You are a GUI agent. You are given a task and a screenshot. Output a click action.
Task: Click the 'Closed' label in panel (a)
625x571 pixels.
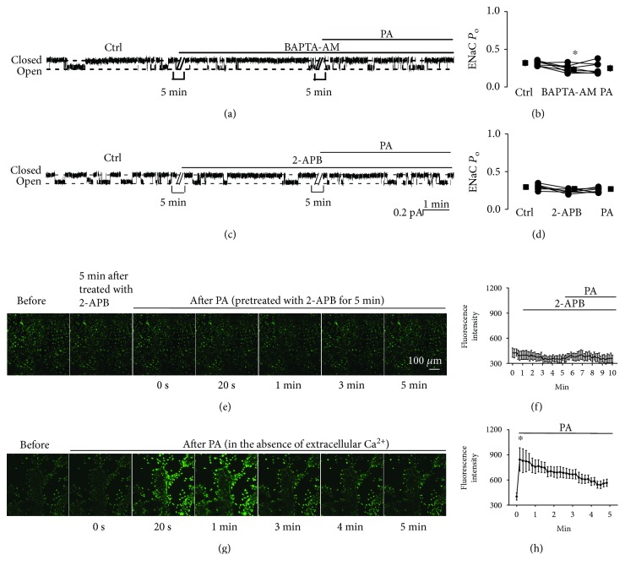26,60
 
